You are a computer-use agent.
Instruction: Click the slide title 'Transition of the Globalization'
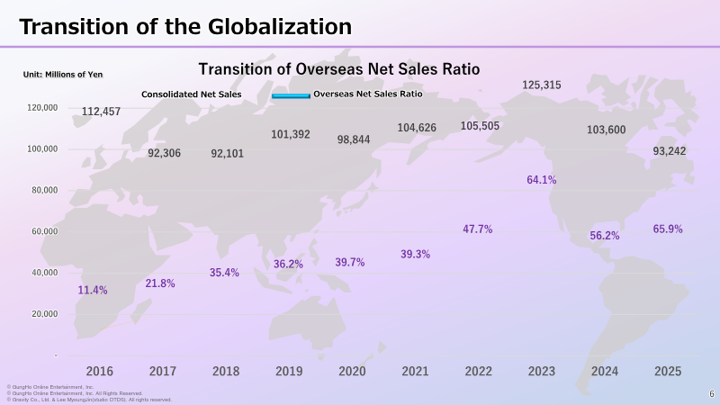[x=185, y=27]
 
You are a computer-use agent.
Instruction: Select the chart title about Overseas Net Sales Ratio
[x=339, y=69]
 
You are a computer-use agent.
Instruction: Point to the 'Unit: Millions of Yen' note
[x=63, y=75]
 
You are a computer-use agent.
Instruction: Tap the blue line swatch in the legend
[x=291, y=95]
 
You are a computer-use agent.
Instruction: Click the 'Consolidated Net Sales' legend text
[x=192, y=94]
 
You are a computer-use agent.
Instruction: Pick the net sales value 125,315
[x=542, y=85]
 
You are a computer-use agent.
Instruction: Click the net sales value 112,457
[x=101, y=112]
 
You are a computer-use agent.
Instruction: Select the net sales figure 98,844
[x=354, y=139]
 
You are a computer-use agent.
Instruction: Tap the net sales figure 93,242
[x=670, y=151]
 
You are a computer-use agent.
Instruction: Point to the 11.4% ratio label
[x=93, y=290]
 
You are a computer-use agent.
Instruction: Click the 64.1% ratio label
[x=542, y=180]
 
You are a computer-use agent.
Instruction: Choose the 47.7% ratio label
[x=478, y=229]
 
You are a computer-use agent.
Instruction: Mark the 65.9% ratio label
[x=668, y=229]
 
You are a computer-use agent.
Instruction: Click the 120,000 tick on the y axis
[x=42, y=108]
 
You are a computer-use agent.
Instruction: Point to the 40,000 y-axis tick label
[x=44, y=273]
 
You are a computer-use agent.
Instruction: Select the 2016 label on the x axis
[x=100, y=371]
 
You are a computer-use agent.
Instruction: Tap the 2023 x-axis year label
[x=542, y=371]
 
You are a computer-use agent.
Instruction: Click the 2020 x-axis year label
[x=352, y=371]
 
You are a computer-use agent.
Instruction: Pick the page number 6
[x=712, y=394]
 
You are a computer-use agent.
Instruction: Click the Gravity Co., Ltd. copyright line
[x=89, y=400]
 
